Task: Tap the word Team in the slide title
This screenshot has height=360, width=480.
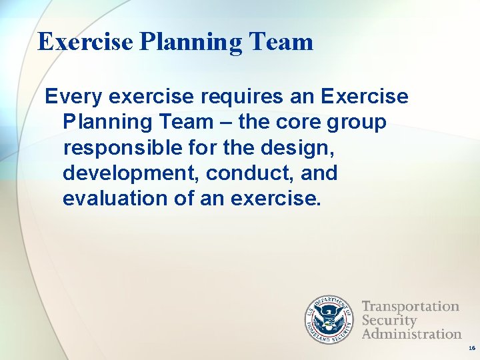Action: pos(282,42)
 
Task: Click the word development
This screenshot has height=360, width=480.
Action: pos(131,173)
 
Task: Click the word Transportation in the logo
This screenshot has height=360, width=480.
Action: pos(410,306)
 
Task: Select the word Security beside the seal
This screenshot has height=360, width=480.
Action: pos(389,320)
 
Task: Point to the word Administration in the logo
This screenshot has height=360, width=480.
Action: pos(411,333)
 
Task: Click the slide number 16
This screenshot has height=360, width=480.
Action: pos(471,348)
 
